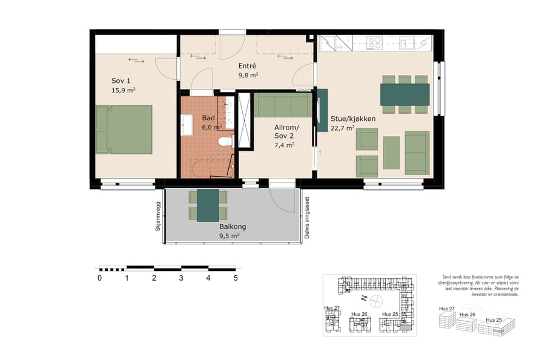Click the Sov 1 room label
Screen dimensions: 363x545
coord(121,81)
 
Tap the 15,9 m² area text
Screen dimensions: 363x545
coord(123,91)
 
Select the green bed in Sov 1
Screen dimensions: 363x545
coord(124,129)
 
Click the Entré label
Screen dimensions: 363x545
coord(247,66)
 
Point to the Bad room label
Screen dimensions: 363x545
coord(208,118)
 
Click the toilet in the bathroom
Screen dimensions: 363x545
coord(225,142)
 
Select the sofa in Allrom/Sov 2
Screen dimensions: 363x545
coord(282,105)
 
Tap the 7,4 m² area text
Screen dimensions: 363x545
coord(284,145)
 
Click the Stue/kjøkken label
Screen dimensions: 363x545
coord(352,119)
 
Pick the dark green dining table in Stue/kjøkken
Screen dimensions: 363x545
coord(405,94)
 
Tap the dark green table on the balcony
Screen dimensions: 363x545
coord(208,205)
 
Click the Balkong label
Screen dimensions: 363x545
coord(233,227)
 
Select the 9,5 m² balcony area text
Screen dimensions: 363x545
coord(230,236)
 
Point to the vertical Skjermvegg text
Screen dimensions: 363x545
coord(158,216)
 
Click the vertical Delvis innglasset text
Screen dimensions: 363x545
coord(308,217)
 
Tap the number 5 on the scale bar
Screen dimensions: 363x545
coord(236,278)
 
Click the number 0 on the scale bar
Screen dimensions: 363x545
coord(99,278)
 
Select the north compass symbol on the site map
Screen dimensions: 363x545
coord(377,299)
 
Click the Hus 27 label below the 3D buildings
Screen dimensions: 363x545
coord(447,308)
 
